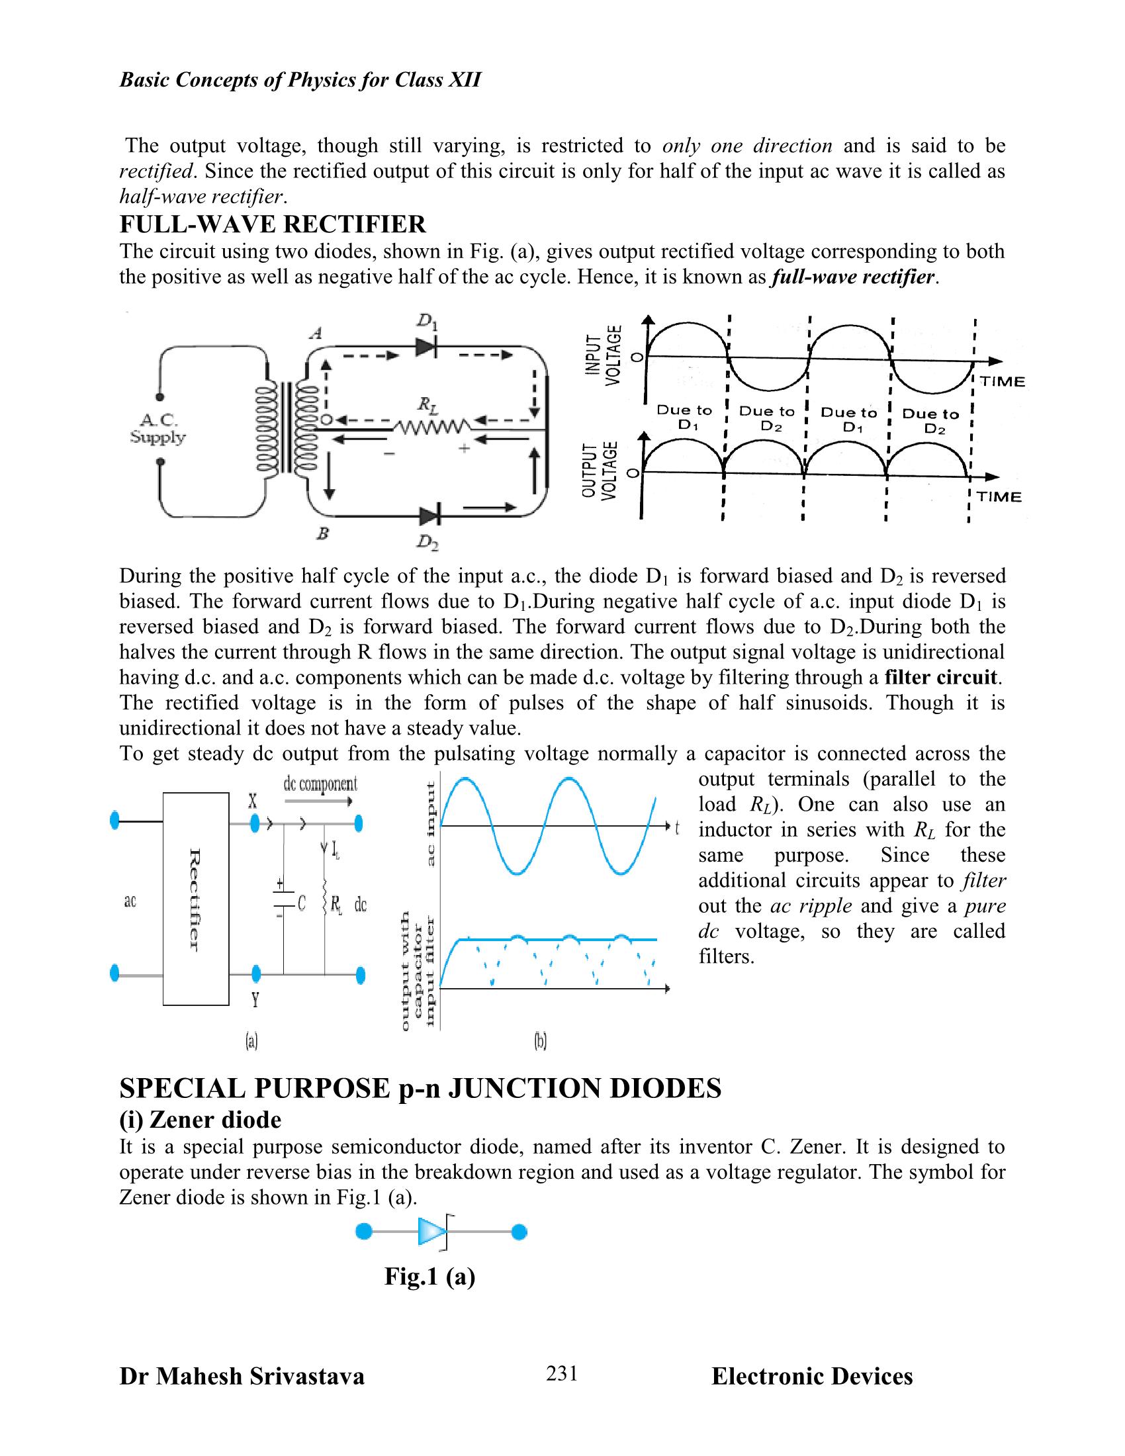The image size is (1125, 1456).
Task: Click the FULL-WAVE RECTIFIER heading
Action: (x=272, y=224)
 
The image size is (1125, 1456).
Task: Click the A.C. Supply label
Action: (x=158, y=429)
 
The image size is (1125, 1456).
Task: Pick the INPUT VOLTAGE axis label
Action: (x=602, y=355)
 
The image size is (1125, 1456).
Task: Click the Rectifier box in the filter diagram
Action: (x=196, y=899)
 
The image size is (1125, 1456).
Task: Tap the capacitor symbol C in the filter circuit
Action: (x=284, y=901)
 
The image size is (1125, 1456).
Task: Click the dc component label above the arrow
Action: (x=320, y=784)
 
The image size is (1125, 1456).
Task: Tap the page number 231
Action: (x=561, y=1374)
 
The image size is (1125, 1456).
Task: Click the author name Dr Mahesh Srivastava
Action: (x=242, y=1377)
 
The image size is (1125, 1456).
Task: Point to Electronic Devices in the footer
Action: (x=812, y=1377)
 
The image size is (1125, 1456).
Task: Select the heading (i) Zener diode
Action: (x=200, y=1119)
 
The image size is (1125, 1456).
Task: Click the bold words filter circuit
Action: (x=942, y=677)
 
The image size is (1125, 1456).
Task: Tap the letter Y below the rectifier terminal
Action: (x=255, y=1000)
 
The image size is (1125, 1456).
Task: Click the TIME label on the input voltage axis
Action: (x=1001, y=381)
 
